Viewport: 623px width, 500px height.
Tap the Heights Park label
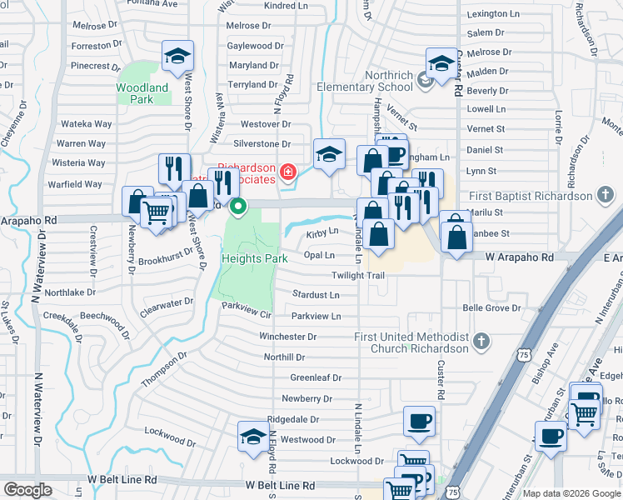pyautogui.click(x=254, y=258)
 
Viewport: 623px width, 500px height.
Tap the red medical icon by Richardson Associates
pyautogui.click(x=288, y=172)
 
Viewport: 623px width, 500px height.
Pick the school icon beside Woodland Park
pyautogui.click(x=177, y=55)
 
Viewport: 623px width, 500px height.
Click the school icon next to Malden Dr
pyautogui.click(x=441, y=61)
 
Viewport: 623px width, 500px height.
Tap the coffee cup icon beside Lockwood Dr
pyautogui.click(x=419, y=421)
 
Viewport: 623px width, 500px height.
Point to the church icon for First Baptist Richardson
pyautogui.click(x=606, y=196)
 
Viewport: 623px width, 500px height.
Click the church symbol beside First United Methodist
pyautogui.click(x=481, y=342)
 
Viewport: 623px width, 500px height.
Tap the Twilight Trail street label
pyautogui.click(x=358, y=275)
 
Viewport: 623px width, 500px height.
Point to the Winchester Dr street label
pyautogui.click(x=287, y=337)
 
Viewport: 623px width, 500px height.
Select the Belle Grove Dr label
pyautogui.click(x=491, y=308)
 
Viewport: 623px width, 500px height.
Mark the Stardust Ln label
pyautogui.click(x=316, y=295)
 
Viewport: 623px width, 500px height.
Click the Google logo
pyautogui.click(x=27, y=490)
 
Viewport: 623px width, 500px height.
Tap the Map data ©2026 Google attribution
pyautogui.click(x=571, y=493)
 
